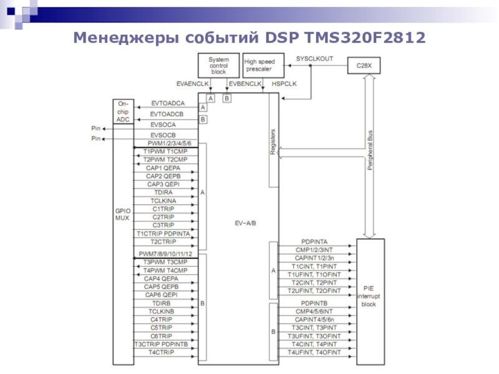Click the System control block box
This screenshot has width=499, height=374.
[218, 65]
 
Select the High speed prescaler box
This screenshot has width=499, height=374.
[263, 65]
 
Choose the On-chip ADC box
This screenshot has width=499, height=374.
[123, 110]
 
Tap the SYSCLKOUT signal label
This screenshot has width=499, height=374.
[314, 58]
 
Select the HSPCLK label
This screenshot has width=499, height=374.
[284, 83]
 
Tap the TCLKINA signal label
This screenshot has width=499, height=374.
[163, 201]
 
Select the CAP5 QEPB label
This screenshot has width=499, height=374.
[161, 287]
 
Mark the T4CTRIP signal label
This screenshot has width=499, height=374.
[162, 352]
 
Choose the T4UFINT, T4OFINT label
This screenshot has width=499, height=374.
[314, 352]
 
